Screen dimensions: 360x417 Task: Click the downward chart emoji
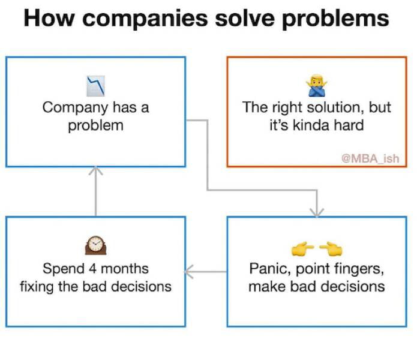click(95, 85)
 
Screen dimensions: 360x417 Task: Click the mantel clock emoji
click(95, 245)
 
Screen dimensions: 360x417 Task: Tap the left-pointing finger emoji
click(330, 247)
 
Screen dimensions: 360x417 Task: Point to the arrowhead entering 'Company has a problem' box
click(95, 172)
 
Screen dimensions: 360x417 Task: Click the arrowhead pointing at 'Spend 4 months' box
click(189, 272)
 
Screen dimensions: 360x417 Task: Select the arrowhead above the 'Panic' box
click(316, 211)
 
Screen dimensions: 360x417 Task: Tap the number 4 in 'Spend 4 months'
click(93, 268)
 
